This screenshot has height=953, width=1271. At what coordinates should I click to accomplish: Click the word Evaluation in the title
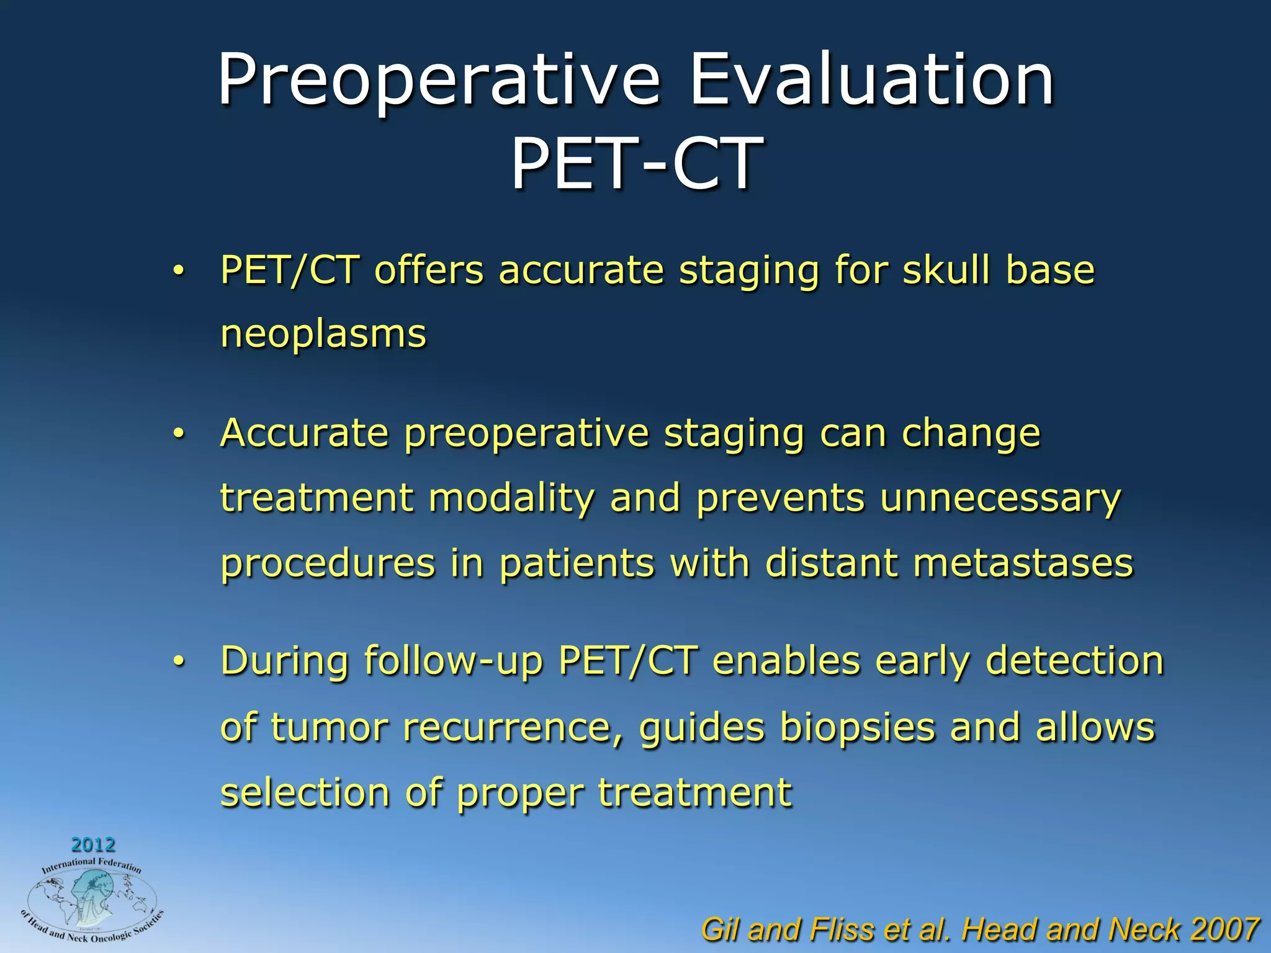(871, 81)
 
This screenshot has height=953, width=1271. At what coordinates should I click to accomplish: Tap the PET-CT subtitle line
(636, 163)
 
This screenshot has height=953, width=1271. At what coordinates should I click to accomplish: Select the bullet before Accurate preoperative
(179, 434)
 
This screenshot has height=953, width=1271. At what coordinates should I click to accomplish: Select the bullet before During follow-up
(179, 662)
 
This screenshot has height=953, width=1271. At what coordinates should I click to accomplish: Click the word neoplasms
(323, 335)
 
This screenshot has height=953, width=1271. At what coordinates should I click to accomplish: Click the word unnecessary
(1000, 498)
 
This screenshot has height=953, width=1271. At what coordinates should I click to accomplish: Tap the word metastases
(1023, 563)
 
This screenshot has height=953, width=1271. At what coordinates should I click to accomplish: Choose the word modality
(511, 499)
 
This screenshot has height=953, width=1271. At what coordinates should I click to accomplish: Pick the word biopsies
(856, 727)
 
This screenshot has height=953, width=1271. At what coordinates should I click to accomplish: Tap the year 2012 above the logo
(93, 844)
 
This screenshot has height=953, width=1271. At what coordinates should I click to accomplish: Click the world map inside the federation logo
(91, 900)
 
